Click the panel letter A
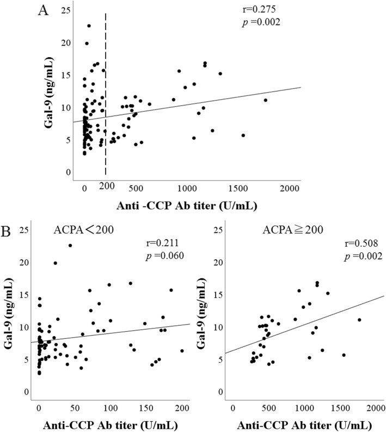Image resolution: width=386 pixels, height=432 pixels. click(40, 10)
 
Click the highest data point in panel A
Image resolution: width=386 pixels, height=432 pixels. click(89, 26)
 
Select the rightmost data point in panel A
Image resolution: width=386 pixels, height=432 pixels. click(266, 100)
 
